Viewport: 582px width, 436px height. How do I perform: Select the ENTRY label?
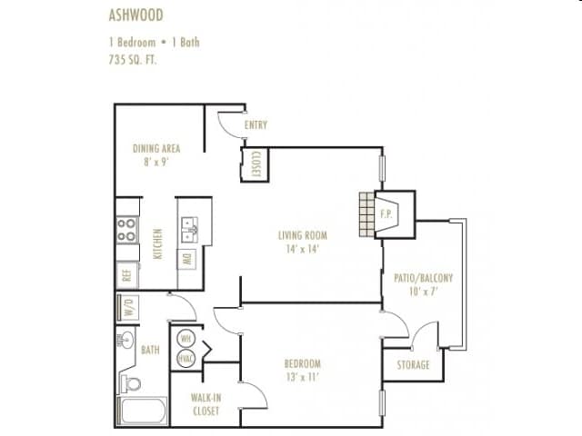tap(256, 125)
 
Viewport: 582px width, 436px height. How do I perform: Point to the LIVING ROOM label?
tap(303, 235)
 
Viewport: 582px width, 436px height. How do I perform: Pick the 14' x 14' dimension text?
tap(303, 249)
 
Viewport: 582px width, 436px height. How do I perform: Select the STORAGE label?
tap(413, 365)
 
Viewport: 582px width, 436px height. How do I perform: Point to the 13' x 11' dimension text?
tap(302, 378)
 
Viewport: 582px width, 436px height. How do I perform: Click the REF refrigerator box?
tap(127, 273)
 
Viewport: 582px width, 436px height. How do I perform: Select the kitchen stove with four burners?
tap(126, 229)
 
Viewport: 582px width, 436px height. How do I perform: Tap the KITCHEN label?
tap(157, 243)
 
